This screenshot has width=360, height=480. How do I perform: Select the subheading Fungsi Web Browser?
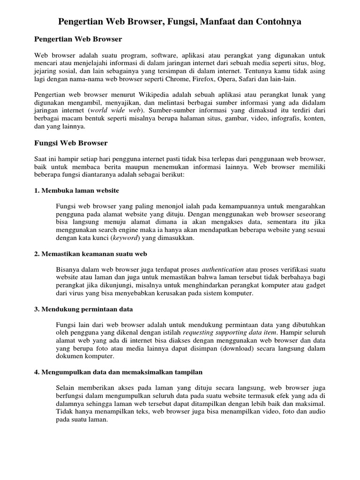click(71, 142)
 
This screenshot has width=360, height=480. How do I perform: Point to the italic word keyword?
click(125, 238)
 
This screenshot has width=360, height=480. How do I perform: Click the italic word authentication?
click(223, 270)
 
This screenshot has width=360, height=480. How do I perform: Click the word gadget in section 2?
click(315, 285)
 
